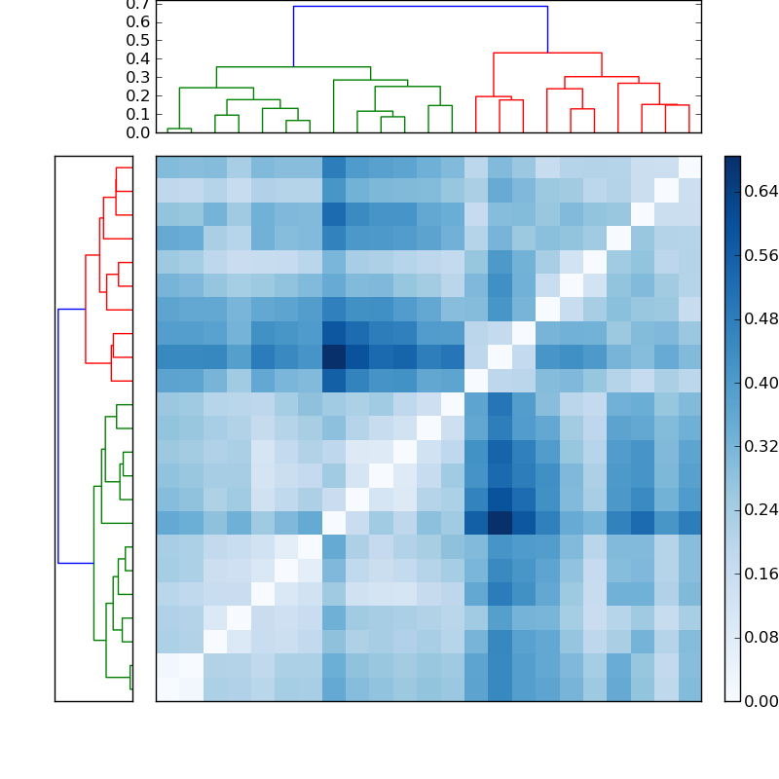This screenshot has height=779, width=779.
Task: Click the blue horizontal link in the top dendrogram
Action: pos(420,7)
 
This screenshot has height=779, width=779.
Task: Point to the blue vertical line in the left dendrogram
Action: pos(58,435)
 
